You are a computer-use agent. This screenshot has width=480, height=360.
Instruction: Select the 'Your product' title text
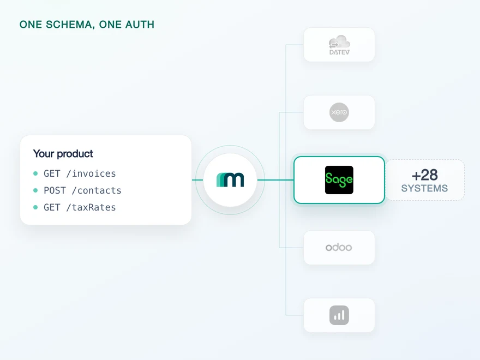(x=63, y=154)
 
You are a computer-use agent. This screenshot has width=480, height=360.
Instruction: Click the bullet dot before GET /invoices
(x=35, y=173)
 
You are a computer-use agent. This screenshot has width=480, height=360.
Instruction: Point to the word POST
(x=55, y=190)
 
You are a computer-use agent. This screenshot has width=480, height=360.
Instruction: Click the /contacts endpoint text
(x=97, y=190)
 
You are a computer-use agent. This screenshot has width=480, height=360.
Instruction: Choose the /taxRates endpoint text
(x=91, y=207)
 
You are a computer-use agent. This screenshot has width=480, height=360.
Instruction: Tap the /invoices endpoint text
(x=91, y=173)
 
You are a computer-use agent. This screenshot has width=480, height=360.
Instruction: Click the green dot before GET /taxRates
(x=35, y=207)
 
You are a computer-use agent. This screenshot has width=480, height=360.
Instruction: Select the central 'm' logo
(x=230, y=179)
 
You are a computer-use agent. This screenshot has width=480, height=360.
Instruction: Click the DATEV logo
(x=339, y=45)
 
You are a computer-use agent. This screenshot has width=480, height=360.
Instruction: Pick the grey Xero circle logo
(x=339, y=112)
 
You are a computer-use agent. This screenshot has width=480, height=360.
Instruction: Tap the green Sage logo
(x=339, y=180)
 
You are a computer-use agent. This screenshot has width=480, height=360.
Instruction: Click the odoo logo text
(x=339, y=247)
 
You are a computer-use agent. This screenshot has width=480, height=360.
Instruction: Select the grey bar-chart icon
(x=339, y=315)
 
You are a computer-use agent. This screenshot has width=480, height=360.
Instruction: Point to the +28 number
(x=424, y=176)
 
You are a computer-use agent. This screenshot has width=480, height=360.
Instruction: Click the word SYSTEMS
(x=424, y=188)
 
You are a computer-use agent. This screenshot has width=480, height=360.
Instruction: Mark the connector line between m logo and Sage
(x=275, y=180)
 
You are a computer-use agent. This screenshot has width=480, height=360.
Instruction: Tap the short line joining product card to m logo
(x=197, y=180)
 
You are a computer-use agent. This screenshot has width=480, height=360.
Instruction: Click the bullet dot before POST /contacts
(x=35, y=190)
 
